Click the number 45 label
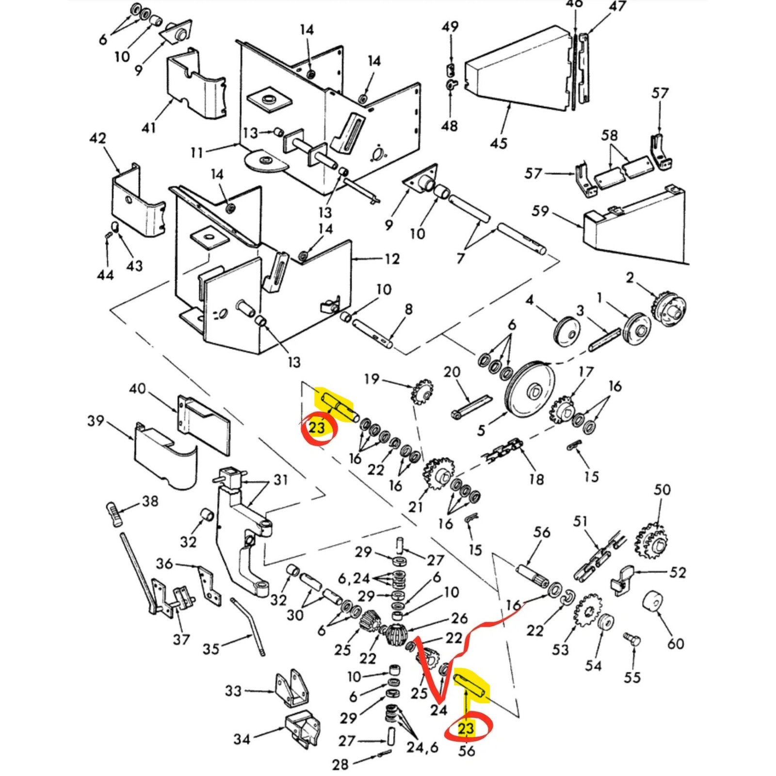click(499, 143)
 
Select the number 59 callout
click(540, 211)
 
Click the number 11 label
click(197, 153)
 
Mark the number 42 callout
click(97, 139)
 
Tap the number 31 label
click(281, 480)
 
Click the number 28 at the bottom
click(340, 764)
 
